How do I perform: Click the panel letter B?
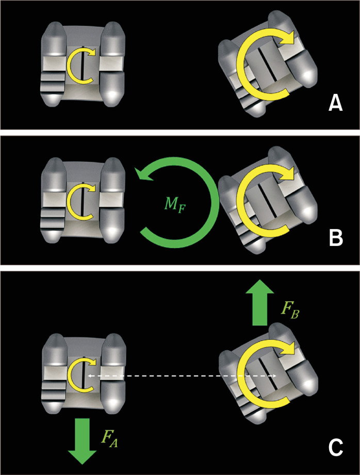pyautogui.click(x=335, y=239)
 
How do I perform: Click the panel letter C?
pyautogui.click(x=335, y=447)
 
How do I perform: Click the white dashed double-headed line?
pyautogui.click(x=181, y=376)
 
